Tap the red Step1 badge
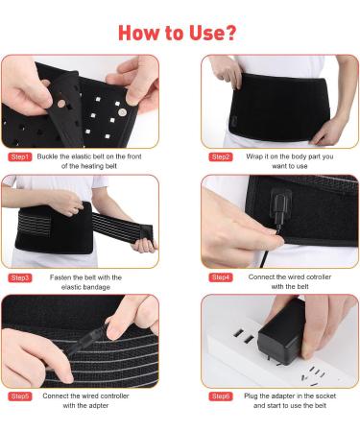(19, 156)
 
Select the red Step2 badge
(220, 156)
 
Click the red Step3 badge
(19, 277)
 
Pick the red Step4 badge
(220, 277)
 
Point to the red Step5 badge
(19, 396)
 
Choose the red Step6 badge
(220, 396)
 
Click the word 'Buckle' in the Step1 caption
(49, 156)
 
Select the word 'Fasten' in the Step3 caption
(50, 277)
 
